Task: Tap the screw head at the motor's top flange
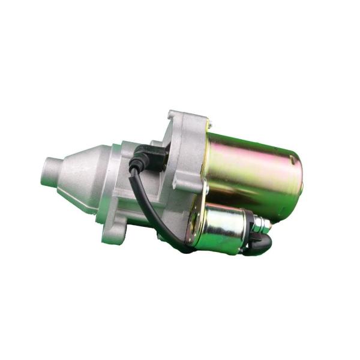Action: click(208, 124)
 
